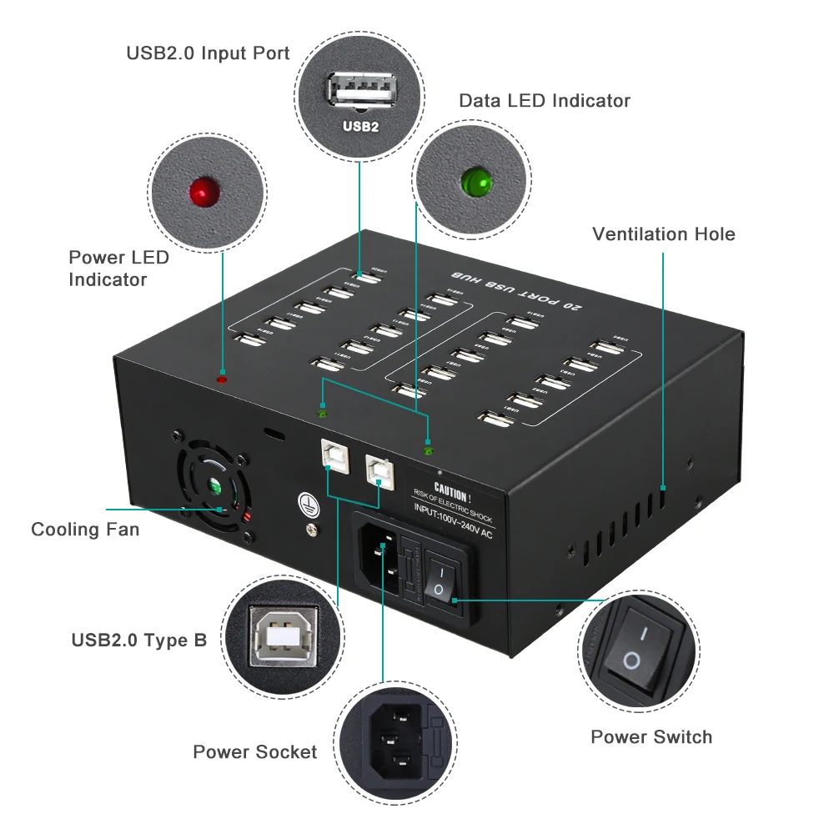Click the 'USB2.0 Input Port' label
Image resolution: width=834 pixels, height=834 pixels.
208,53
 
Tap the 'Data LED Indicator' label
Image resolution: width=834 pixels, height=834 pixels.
545,101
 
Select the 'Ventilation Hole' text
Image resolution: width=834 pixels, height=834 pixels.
664,234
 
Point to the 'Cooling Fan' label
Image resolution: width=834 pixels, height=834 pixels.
85,530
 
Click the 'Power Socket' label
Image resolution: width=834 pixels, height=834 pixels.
254,752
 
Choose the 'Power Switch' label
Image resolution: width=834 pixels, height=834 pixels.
651,737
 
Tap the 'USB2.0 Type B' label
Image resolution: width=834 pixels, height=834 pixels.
138,641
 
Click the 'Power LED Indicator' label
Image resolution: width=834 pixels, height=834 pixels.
118,269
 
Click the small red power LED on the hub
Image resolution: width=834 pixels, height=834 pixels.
222,379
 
